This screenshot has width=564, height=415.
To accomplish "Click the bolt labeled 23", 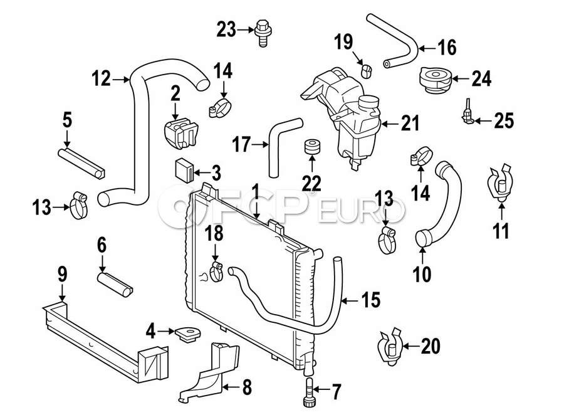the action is point(263,33).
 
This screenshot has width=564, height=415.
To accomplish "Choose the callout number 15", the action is point(370,300).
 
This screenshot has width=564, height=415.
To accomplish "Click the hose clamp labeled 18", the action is point(217,273).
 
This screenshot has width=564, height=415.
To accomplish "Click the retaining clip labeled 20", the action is point(390,347).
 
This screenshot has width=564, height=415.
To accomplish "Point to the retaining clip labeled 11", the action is point(500,184).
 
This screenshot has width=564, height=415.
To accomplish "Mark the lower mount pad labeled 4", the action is point(188,334).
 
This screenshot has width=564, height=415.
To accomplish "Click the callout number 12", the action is point(101,78).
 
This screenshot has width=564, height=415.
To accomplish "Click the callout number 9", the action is point(62,275).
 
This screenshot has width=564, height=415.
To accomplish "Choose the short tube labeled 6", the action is point(115,285).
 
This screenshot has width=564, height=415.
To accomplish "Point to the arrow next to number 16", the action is point(427,48).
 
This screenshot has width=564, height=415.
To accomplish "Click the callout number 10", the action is point(422,275).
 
